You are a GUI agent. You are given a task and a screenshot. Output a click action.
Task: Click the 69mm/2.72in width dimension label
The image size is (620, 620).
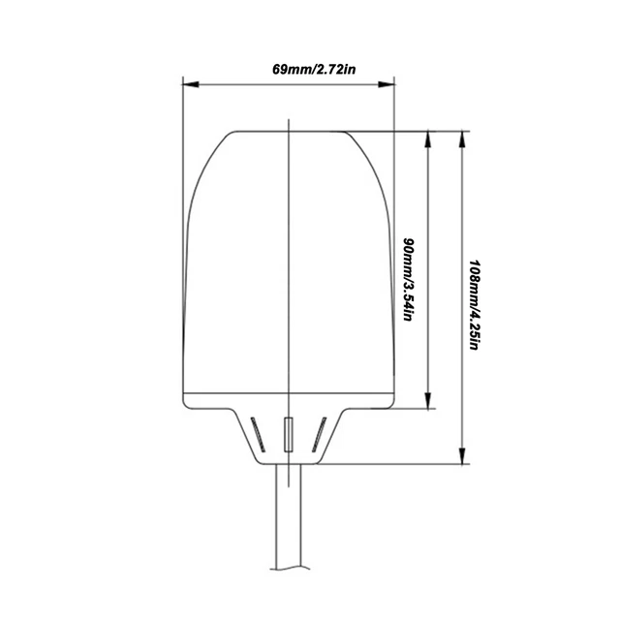tap(288, 70)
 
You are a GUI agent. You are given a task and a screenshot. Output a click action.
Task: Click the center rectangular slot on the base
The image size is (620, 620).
tap(288, 434)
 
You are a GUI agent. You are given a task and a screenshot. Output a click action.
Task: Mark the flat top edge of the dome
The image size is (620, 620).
tap(288, 131)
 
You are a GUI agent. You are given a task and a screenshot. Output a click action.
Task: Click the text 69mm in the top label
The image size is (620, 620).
tap(263, 70)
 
